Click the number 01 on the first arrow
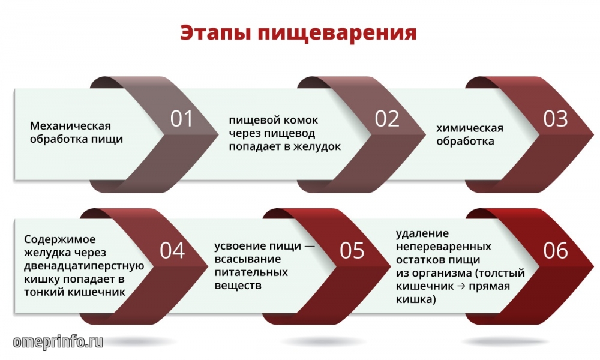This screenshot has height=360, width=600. [181, 119]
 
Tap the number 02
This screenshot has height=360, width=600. [387, 119]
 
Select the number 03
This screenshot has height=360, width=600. [555, 119]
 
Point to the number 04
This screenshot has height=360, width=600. [172, 251]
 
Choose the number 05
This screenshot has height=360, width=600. [352, 251]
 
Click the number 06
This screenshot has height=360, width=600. [555, 251]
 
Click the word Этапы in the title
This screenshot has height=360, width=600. [215, 32]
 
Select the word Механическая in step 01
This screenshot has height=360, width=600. [70, 125]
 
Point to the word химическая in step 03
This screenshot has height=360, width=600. [470, 128]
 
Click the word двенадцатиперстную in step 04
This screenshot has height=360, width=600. [84, 266]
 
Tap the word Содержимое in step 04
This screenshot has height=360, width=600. [59, 240]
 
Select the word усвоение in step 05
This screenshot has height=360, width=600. [238, 247]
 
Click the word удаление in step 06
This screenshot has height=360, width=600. [417, 234]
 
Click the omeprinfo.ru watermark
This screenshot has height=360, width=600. [58, 342]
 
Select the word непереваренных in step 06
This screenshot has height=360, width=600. [443, 247]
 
